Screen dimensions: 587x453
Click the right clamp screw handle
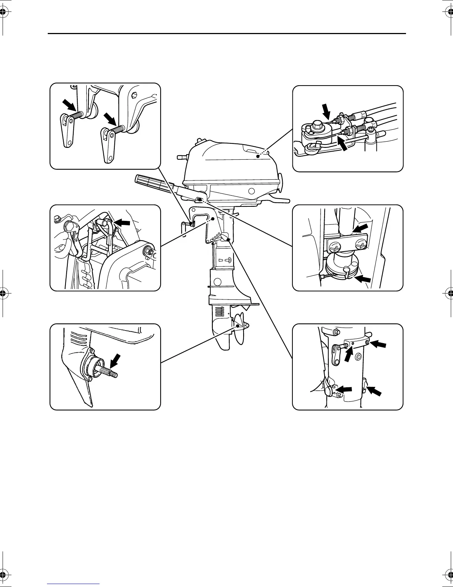point(107,147)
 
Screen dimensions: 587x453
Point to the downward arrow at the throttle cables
point(326,111)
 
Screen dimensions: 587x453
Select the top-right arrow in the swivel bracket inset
point(378,344)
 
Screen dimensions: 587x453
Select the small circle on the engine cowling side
point(252,191)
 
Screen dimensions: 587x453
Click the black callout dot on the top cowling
point(258,157)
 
